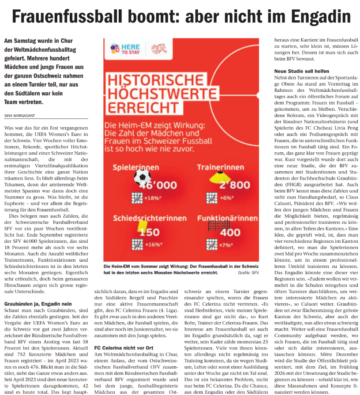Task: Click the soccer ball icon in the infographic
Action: coord(142,177)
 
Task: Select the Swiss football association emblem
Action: coord(158,49)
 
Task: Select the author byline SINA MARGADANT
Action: coord(20,115)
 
